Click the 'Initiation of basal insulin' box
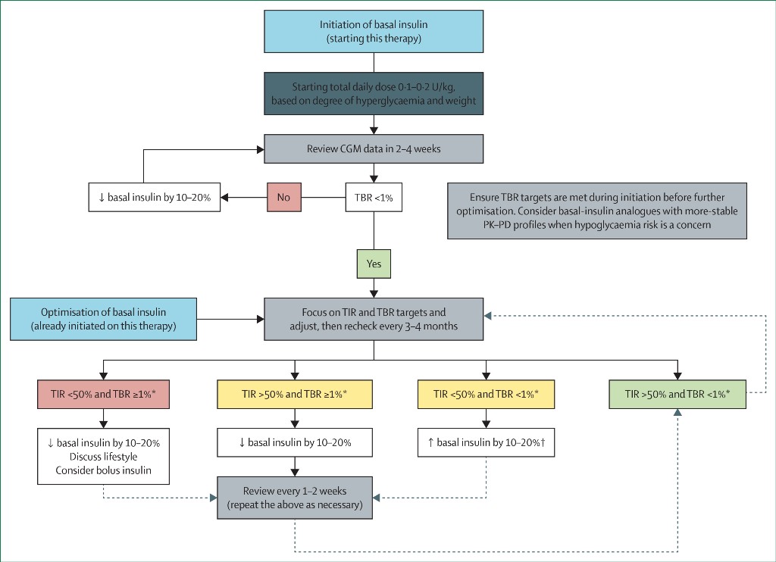(x=374, y=31)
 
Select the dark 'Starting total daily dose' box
(x=374, y=93)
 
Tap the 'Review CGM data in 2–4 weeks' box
(x=374, y=149)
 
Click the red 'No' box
(x=284, y=198)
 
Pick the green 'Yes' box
(x=374, y=264)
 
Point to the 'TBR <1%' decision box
(x=374, y=198)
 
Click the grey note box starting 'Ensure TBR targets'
(x=597, y=211)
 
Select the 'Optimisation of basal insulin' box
(x=103, y=319)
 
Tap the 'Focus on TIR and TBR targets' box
(x=374, y=319)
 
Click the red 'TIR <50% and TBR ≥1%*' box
(x=103, y=395)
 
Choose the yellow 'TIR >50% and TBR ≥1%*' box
(x=295, y=395)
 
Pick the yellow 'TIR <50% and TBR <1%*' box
(x=486, y=395)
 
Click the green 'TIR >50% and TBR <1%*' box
(x=677, y=395)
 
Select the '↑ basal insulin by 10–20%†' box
(x=486, y=442)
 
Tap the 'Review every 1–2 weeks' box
(x=295, y=498)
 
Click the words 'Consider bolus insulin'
(x=103, y=470)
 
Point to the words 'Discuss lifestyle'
(x=103, y=456)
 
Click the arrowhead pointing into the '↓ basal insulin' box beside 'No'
(x=224, y=198)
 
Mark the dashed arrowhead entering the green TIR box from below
(x=677, y=412)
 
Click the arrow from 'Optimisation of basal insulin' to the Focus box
(x=230, y=319)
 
